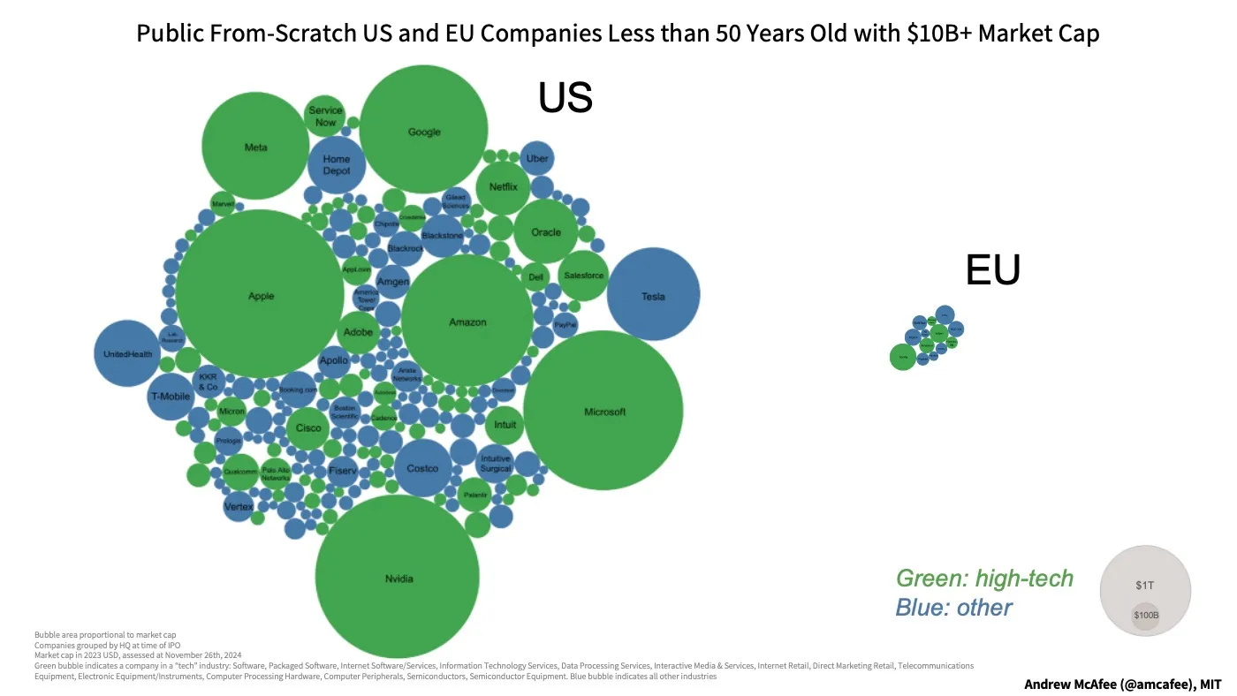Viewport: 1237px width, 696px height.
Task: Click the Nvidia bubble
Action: tap(398, 577)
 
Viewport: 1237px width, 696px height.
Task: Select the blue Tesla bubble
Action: tap(653, 295)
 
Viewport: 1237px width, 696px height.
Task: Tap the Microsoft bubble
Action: tap(603, 411)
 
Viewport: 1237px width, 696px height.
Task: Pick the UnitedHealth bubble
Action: tap(127, 353)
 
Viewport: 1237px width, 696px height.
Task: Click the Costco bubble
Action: tap(422, 468)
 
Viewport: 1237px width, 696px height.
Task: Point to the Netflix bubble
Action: tap(503, 187)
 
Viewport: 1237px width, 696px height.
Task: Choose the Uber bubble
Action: tap(536, 159)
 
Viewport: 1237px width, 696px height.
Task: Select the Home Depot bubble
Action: tap(337, 165)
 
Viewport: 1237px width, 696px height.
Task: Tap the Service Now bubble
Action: tap(324, 116)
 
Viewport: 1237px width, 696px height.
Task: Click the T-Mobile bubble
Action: tap(170, 397)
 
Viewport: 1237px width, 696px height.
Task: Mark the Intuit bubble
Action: tap(505, 425)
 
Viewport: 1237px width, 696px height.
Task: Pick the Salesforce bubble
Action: tap(583, 276)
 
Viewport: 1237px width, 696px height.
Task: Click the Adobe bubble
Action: tap(358, 333)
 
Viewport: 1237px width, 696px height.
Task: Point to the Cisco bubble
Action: tap(307, 428)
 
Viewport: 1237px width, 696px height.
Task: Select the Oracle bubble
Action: tap(546, 232)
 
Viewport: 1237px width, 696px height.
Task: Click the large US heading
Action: tap(565, 98)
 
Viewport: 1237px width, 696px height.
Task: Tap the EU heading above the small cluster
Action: tap(993, 270)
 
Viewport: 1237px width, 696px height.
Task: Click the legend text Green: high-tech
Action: tap(984, 579)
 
